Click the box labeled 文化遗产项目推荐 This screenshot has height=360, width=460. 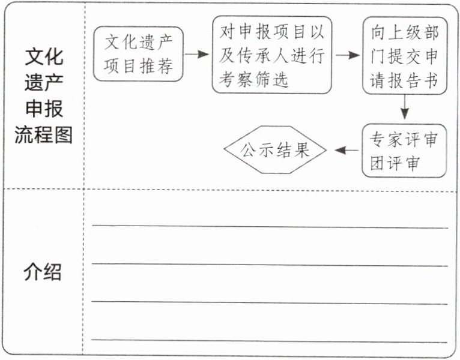(138, 54)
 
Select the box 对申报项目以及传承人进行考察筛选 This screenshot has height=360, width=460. (271, 55)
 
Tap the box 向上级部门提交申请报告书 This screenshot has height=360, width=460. (404, 55)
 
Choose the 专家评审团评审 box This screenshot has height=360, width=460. (404, 151)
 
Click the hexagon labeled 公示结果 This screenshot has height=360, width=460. (276, 149)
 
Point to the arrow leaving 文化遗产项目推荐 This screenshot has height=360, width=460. (196, 54)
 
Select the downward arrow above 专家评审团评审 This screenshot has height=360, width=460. (405, 108)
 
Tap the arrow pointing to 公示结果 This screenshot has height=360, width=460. (345, 150)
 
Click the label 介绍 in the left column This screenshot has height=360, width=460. (43, 272)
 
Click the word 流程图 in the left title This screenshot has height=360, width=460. (43, 135)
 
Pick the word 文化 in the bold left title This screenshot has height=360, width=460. (43, 58)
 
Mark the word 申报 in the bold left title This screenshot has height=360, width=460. (43, 109)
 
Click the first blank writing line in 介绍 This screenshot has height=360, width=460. (270, 227)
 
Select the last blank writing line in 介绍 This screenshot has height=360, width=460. (270, 341)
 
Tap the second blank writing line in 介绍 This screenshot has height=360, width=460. (270, 265)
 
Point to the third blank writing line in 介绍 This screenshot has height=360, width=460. (270, 303)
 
